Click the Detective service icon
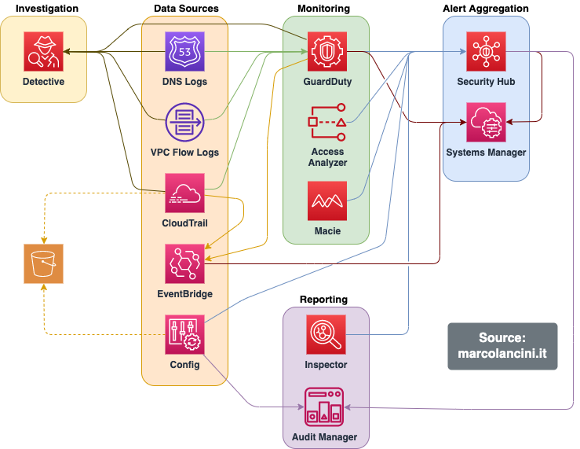click(43, 52)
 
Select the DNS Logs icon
click(184, 52)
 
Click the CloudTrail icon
click(184, 193)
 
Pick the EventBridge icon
click(184, 263)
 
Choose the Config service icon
click(184, 334)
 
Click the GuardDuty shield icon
click(326, 52)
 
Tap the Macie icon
click(326, 201)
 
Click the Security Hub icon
click(486, 52)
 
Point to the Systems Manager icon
click(486, 122)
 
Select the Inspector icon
click(326, 335)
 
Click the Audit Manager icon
click(326, 405)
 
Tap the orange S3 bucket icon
click(43, 263)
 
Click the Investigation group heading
click(47, 9)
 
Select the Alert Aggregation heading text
click(486, 9)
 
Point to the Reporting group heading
click(323, 300)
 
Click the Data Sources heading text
click(186, 9)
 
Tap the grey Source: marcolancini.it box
click(502, 346)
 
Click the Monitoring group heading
click(323, 9)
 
